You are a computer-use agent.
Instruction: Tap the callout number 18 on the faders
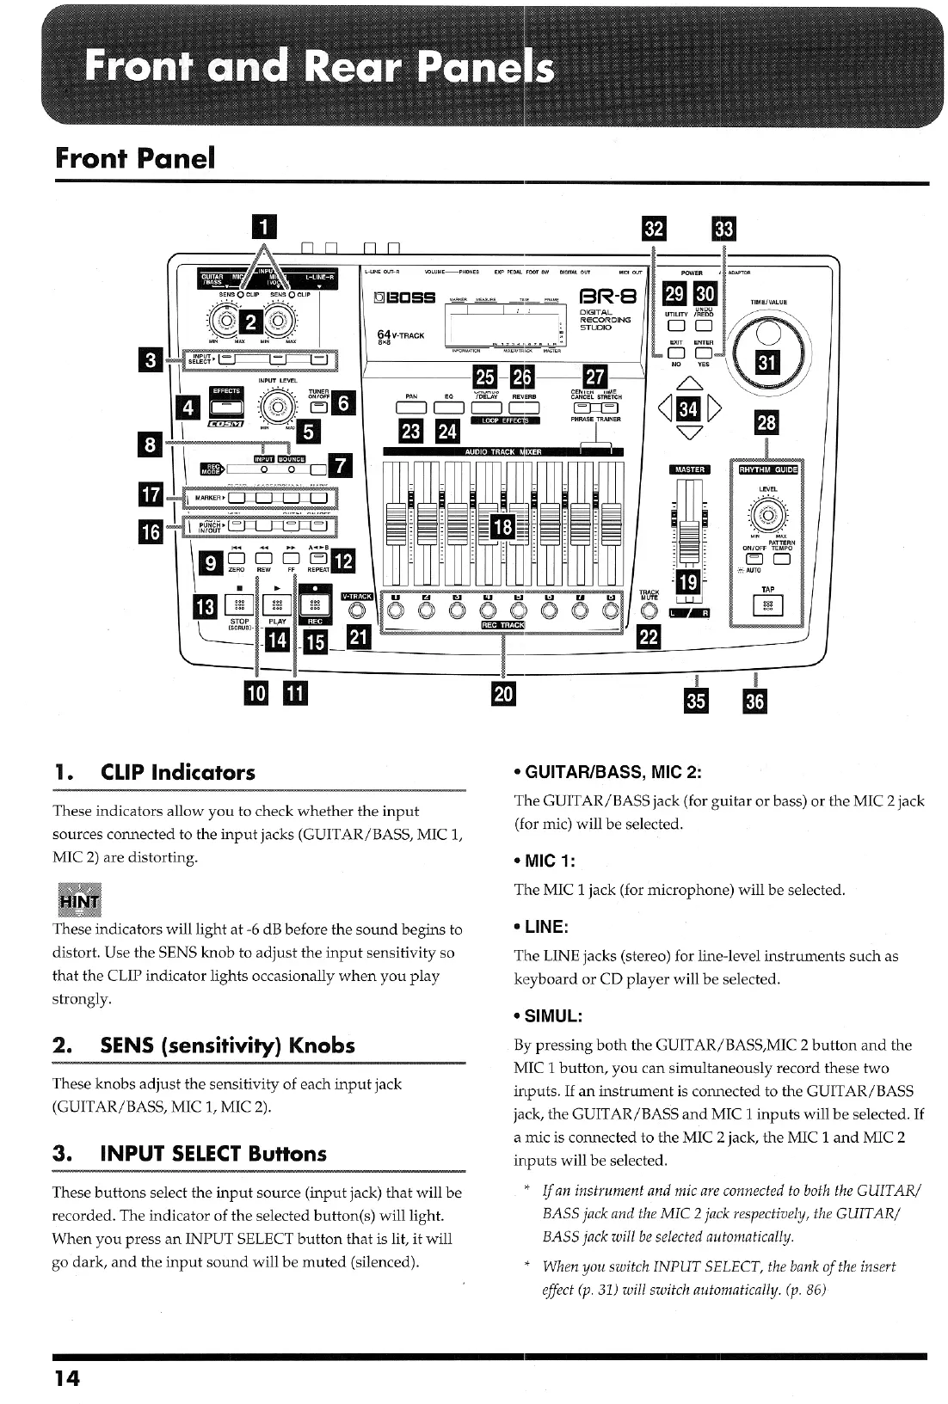click(502, 526)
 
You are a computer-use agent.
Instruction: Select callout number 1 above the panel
click(266, 226)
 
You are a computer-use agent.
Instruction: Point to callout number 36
click(754, 700)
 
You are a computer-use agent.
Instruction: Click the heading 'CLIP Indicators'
click(178, 771)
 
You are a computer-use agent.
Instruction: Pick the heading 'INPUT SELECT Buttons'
click(213, 1153)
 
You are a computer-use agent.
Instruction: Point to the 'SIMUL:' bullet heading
click(552, 1015)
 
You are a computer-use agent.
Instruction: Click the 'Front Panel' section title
click(135, 158)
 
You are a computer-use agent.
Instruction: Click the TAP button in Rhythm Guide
click(768, 605)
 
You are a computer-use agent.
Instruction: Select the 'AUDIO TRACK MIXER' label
click(502, 451)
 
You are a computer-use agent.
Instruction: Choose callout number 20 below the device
click(503, 694)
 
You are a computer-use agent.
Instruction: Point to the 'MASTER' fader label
click(690, 469)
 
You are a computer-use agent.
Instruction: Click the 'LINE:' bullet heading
click(545, 926)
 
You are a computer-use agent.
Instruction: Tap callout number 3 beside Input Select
click(151, 360)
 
